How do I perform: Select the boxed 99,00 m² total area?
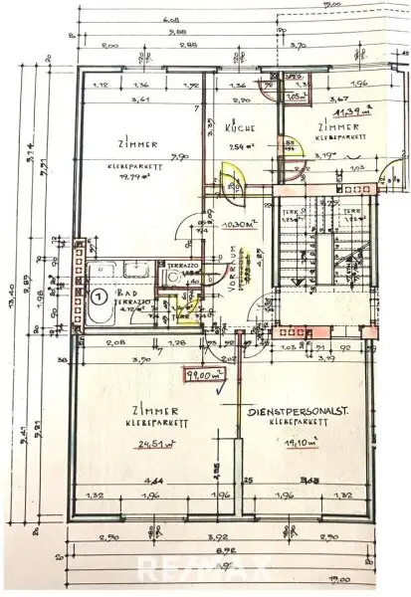(x=228, y=374)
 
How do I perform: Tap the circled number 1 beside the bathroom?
(x=99, y=296)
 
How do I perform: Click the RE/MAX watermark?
(x=205, y=570)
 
